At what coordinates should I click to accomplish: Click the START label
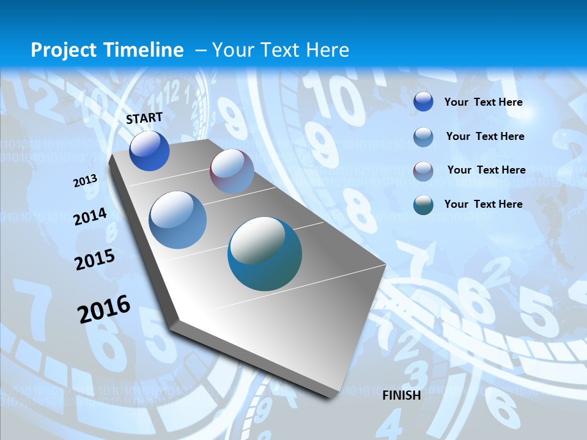tap(144, 118)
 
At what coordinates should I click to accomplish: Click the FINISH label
tap(402, 395)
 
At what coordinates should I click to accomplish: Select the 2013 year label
tap(86, 181)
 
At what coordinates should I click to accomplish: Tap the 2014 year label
tap(90, 217)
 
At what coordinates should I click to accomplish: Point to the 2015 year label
tap(95, 260)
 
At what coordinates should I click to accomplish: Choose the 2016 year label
tap(104, 309)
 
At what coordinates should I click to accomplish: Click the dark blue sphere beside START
tap(149, 151)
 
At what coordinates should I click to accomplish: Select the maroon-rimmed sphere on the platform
tap(232, 171)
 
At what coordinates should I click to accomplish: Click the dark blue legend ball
tap(423, 101)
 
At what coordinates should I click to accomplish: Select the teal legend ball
tap(423, 205)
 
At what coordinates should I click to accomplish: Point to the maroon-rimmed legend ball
tap(423, 171)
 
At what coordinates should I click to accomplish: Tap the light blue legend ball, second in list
tap(423, 137)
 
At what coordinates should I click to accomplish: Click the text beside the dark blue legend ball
tap(483, 102)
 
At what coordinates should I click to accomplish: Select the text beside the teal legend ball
tap(483, 204)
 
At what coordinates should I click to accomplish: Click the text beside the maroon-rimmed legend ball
tap(486, 170)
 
